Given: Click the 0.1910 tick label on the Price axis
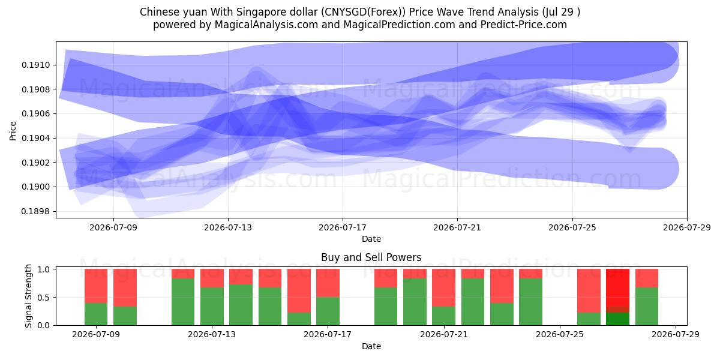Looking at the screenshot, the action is click(x=36, y=65).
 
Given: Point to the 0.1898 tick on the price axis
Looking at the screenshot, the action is click(x=36, y=211).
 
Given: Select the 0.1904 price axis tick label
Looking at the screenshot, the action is click(x=36, y=138).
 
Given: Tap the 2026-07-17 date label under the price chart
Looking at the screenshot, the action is click(x=343, y=227).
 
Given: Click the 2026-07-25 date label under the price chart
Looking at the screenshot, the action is click(x=572, y=227).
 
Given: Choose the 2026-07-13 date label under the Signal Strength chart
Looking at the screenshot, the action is click(x=212, y=334).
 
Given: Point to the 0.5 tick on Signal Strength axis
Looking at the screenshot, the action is click(x=44, y=298).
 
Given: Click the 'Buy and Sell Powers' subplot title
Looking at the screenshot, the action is click(x=371, y=257).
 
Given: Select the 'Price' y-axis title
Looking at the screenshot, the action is click(x=13, y=131).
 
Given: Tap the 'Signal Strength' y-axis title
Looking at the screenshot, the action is click(x=29, y=296).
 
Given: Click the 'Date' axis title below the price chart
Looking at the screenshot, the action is click(x=371, y=239).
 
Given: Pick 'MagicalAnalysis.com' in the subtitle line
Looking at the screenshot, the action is click(x=266, y=25).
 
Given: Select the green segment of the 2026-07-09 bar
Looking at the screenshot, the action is click(x=96, y=314).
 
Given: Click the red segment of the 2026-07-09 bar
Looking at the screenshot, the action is click(x=96, y=286).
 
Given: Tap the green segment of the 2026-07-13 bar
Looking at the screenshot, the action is click(x=212, y=307).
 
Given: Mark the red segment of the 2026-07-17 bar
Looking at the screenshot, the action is click(x=328, y=283).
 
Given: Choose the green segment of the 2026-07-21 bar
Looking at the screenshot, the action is click(x=443, y=316).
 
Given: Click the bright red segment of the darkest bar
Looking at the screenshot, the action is click(x=617, y=287).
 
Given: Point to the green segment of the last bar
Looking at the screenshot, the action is click(x=647, y=307).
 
